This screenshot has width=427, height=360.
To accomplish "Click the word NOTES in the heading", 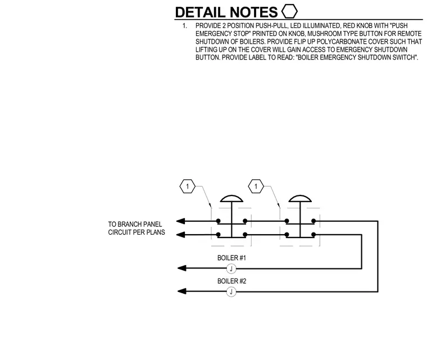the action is point(253,12).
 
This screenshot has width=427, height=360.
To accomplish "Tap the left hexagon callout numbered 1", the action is point(187,186).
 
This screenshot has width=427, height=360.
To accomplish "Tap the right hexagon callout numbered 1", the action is point(256,186).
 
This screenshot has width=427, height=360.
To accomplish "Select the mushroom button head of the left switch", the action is point(231,199).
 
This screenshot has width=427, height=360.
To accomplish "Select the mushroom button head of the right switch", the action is point(300,199).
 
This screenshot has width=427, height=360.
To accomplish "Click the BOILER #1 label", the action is point(231,258).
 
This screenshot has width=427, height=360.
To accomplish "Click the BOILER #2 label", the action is point(231,281).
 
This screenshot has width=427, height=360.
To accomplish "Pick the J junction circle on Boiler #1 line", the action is point(231,269).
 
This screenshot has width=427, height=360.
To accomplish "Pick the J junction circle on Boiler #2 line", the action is point(231,292).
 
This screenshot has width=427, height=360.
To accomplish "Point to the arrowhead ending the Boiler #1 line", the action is point(181,268).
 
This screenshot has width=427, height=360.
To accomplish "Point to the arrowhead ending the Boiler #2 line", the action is point(181,291).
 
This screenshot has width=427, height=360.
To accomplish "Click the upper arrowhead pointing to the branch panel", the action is point(180,221).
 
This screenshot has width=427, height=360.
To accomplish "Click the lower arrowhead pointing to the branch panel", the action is point(180,234).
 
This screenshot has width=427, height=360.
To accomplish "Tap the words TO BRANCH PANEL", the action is point(135,224).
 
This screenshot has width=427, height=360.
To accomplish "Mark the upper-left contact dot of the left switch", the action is point(218,221).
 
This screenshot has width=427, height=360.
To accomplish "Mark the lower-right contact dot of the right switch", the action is point(314,234).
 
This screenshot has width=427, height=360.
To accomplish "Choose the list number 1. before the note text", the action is point(185,26).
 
